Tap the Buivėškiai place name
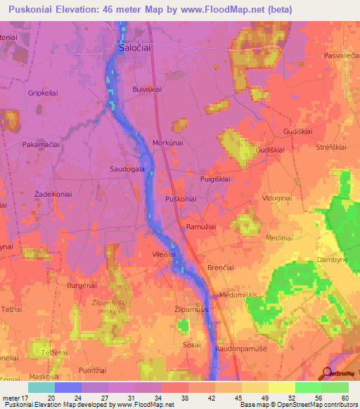(149, 89)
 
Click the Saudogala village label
(127, 169)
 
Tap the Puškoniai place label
(181, 200)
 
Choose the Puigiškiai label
(215, 179)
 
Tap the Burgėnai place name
(81, 286)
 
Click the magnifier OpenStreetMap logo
(327, 374)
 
